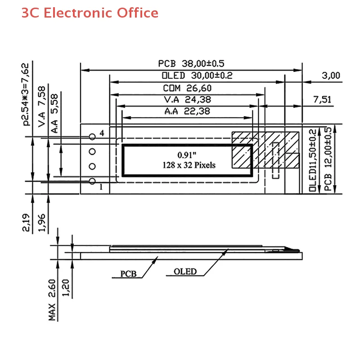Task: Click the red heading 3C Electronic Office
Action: [x=90, y=13]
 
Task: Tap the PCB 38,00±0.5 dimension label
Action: [x=191, y=63]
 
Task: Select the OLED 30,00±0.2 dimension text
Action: [x=197, y=76]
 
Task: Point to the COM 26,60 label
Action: [x=187, y=88]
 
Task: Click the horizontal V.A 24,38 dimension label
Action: [x=187, y=99]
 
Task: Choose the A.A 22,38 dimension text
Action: [x=187, y=111]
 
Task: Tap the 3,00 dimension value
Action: [x=331, y=76]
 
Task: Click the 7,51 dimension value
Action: [x=322, y=99]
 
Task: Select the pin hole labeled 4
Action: [x=92, y=137]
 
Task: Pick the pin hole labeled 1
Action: [x=92, y=181]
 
